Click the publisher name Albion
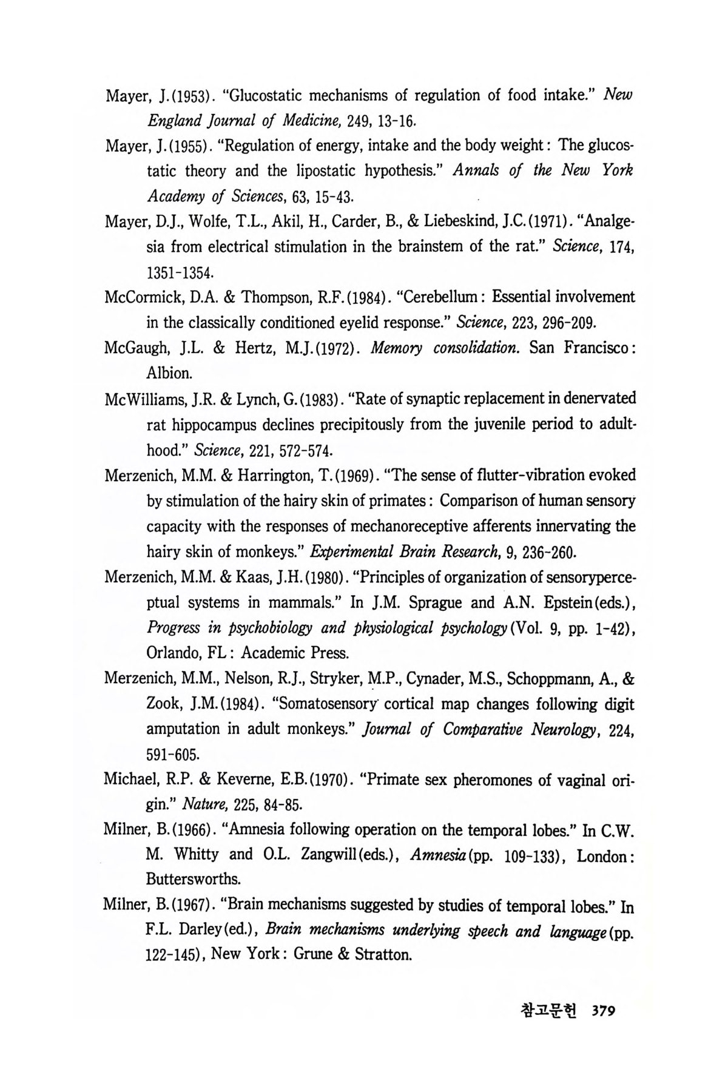point(168,373)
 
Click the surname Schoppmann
point(549,678)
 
